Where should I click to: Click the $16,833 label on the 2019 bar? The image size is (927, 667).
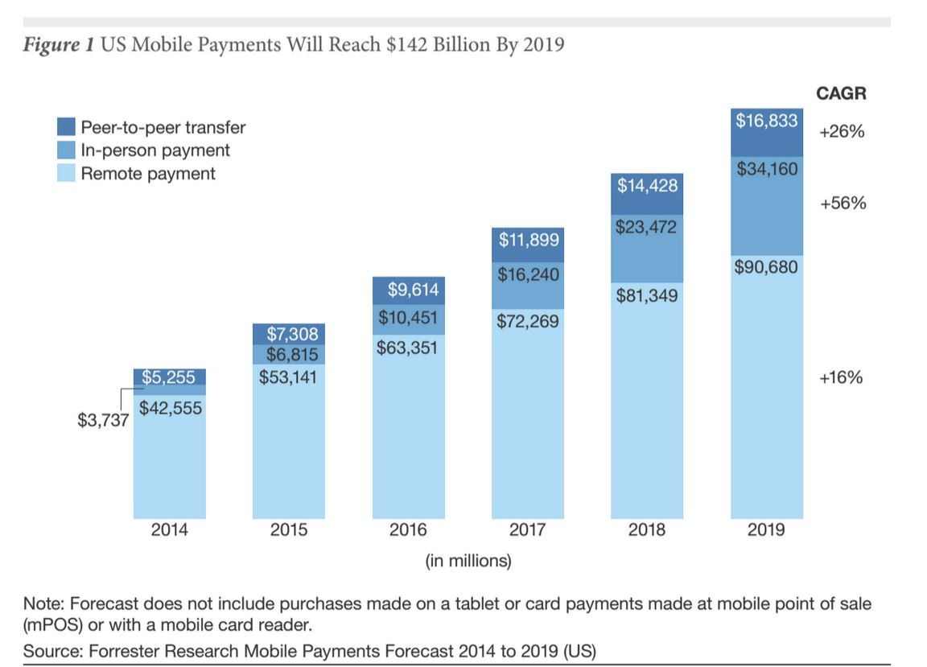point(767,121)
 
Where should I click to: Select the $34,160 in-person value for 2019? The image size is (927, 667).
point(767,170)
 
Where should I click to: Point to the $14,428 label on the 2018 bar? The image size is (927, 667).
point(648,186)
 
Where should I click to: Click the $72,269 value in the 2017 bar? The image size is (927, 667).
point(528,322)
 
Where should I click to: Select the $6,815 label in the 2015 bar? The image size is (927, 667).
point(289,355)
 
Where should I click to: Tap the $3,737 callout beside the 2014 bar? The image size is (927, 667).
point(103,420)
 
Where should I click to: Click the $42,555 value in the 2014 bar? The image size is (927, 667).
point(170,409)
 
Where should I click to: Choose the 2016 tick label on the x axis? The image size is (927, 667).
point(409,530)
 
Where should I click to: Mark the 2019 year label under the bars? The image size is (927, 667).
point(767,530)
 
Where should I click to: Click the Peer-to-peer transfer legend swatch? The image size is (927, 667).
point(67,127)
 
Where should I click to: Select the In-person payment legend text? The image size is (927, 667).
point(155,150)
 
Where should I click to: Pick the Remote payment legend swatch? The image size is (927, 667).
point(67,173)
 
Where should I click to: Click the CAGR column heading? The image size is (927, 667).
point(841,94)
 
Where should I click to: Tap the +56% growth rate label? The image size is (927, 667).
point(843,204)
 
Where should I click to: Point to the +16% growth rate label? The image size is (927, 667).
point(841,377)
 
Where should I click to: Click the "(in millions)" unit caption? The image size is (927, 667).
point(468,561)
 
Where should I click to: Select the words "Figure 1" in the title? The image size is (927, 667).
point(57,44)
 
